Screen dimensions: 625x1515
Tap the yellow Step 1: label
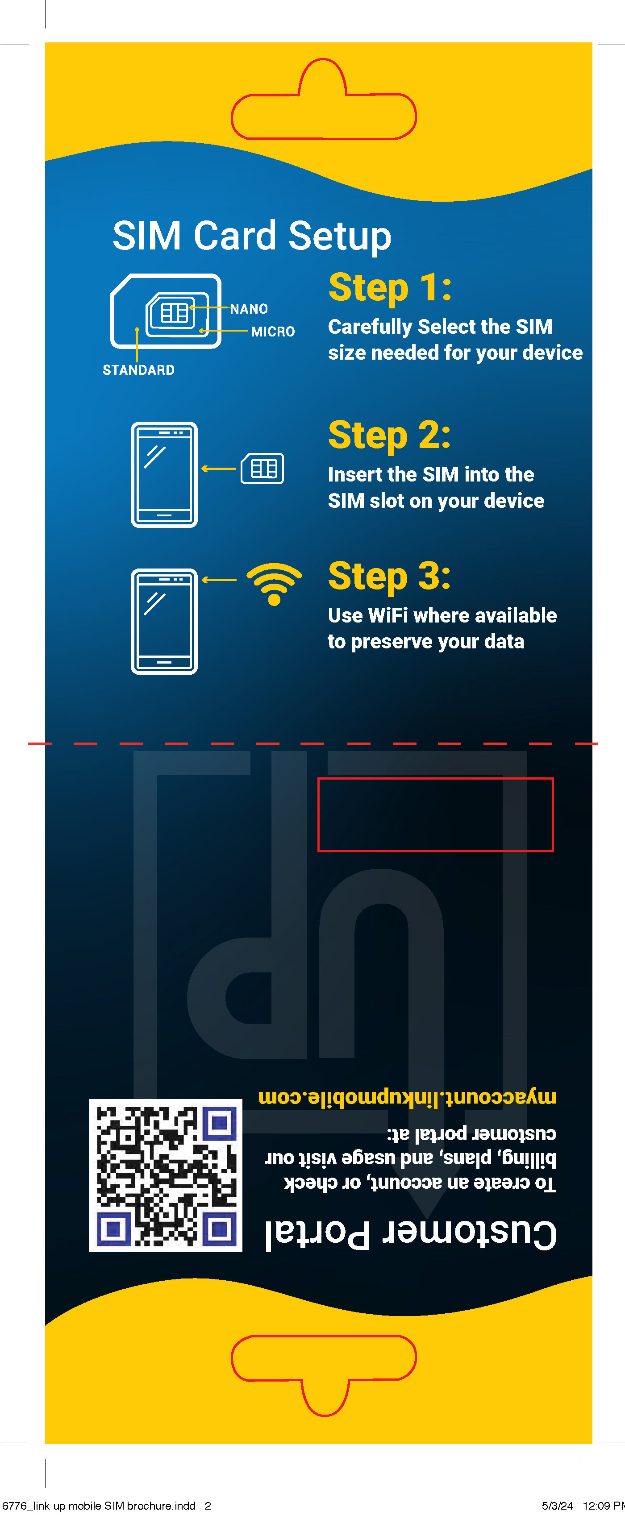[x=390, y=288]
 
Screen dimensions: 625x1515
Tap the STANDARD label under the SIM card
[x=138, y=370]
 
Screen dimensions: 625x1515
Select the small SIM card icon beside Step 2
[x=262, y=468]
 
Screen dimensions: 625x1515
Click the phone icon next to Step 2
[x=164, y=475]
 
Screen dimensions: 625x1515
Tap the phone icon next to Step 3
[x=164, y=621]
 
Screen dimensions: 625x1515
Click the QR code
[x=166, y=1175]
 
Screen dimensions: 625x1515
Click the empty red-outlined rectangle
[x=436, y=814]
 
